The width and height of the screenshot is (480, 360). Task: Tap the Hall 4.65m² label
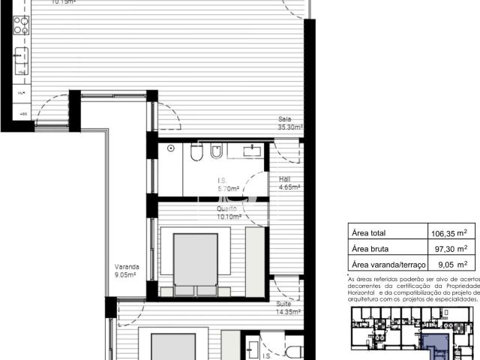289,184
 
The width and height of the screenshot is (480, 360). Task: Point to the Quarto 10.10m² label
229,213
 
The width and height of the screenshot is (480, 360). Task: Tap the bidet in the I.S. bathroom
216,153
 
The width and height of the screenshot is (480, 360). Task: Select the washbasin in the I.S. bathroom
251,151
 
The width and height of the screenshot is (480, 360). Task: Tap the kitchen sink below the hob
21,56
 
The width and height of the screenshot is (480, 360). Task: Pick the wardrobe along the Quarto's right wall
256,255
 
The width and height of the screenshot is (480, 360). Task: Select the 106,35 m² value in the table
449,232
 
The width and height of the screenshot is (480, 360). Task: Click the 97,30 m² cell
449,248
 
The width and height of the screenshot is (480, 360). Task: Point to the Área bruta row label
374,248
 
